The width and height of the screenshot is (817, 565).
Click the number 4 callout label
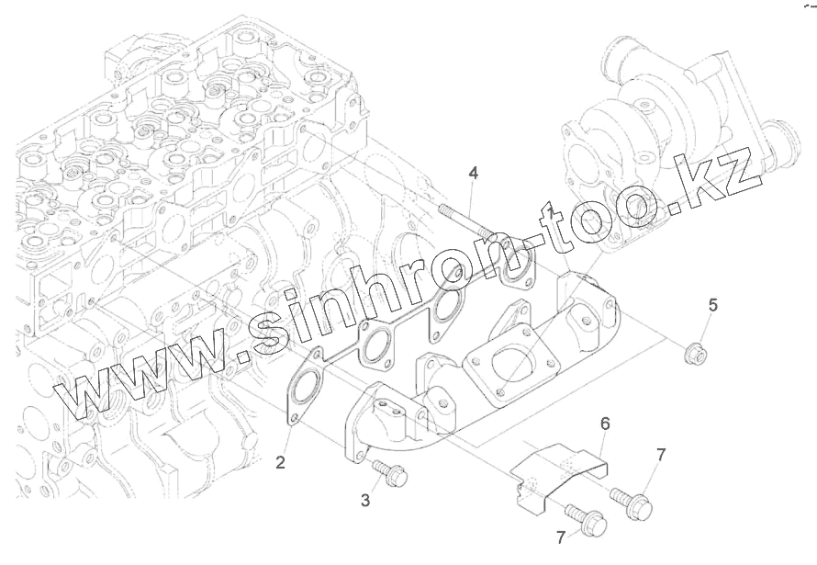[x=473, y=173]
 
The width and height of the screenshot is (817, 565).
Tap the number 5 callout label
[x=712, y=305]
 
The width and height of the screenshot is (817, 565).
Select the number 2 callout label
[x=280, y=461]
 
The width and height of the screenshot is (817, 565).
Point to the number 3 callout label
[x=365, y=500]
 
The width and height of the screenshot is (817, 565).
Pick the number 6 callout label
[x=605, y=424]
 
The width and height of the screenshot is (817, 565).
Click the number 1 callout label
[x=552, y=212]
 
